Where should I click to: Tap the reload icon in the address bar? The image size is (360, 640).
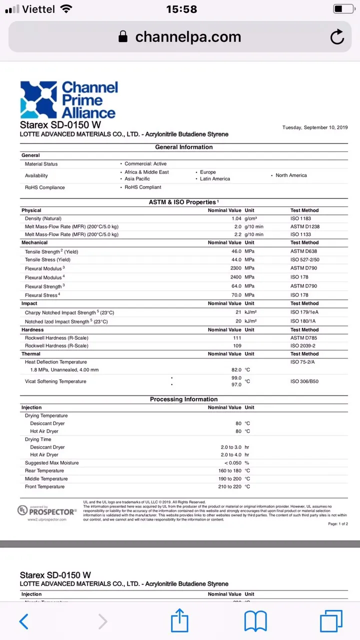[337, 37]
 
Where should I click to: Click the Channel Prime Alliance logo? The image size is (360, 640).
[69, 100]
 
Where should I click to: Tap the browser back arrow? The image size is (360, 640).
[23, 621]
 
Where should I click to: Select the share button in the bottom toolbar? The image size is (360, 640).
[179, 621]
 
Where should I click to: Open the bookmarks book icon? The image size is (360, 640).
[255, 621]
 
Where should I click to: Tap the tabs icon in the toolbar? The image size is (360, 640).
[331, 621]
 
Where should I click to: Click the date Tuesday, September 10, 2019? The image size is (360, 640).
[315, 127]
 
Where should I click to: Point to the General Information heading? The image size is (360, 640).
[184, 147]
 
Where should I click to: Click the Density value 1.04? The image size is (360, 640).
[236, 218]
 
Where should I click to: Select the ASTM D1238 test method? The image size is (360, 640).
[304, 226]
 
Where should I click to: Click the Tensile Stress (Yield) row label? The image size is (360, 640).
[47, 259]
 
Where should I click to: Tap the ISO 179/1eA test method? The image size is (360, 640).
[304, 312]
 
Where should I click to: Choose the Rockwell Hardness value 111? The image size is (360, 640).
[237, 338]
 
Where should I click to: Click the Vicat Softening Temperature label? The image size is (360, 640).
[55, 381]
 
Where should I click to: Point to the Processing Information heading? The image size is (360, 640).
[184, 399]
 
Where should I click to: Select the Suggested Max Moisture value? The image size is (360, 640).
[232, 463]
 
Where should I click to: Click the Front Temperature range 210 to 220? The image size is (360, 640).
[230, 486]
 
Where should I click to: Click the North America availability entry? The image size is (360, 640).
[291, 175]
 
